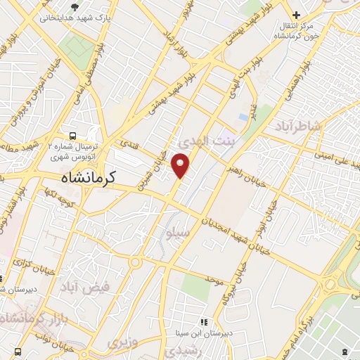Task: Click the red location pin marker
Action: tap(181, 166)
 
